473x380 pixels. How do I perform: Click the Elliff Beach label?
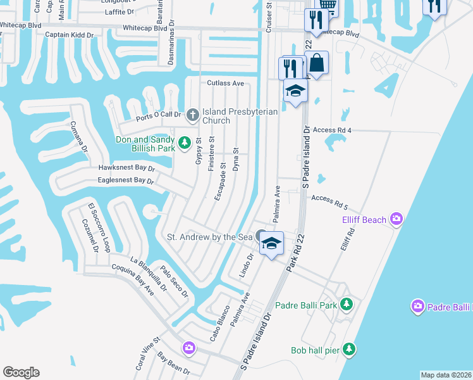(x=364, y=220)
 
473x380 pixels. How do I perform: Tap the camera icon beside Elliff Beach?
(x=396, y=219)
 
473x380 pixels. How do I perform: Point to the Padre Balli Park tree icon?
(x=346, y=305)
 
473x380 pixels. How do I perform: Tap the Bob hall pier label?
(x=315, y=350)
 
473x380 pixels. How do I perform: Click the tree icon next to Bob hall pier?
(x=348, y=349)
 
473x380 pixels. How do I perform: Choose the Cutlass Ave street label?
(x=225, y=83)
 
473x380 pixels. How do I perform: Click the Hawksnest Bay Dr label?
(x=126, y=168)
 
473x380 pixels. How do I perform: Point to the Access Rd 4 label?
(x=331, y=130)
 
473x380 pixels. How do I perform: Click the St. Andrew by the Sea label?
(x=209, y=237)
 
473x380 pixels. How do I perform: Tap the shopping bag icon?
(x=317, y=63)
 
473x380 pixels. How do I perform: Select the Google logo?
(x=21, y=372)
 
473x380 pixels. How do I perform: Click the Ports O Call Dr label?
(x=159, y=117)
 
